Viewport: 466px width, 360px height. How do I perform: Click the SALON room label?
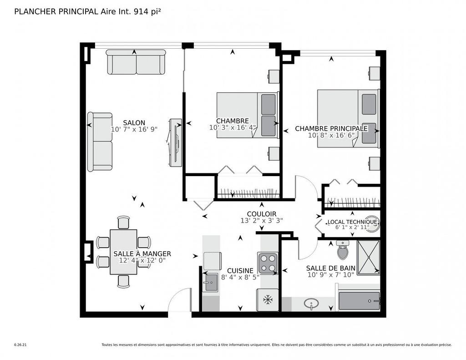[134, 122]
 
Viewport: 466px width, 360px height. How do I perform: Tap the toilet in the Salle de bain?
[343, 250]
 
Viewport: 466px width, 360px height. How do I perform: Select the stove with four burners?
[268, 263]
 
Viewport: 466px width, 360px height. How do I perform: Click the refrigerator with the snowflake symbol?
[268, 299]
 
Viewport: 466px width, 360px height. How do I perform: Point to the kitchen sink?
[211, 283]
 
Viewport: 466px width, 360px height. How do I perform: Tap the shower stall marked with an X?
[368, 258]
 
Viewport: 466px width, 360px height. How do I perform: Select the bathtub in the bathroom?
[359, 301]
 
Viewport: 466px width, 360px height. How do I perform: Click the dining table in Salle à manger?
[123, 252]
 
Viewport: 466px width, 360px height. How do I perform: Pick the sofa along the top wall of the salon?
[136, 62]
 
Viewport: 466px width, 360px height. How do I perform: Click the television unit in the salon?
[175, 142]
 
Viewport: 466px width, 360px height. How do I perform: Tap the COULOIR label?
[261, 214]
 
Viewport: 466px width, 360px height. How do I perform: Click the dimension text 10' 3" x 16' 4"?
[233, 127]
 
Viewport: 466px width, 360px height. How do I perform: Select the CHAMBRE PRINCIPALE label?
[331, 128]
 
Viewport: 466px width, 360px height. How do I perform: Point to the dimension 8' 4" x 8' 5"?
[240, 277]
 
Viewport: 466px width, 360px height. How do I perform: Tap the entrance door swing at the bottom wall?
[180, 300]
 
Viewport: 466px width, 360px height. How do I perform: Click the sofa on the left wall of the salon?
[100, 142]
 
